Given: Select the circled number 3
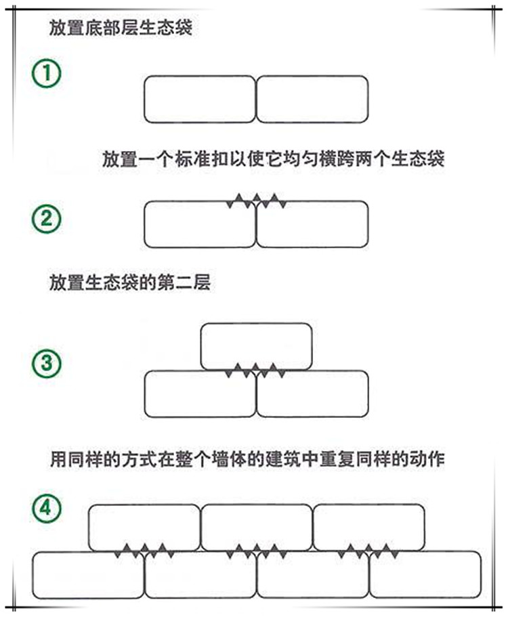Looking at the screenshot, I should pos(46,363).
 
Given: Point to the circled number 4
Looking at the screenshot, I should pos(46,507).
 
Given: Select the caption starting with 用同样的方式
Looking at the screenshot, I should pos(248,460).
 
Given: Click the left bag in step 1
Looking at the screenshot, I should pos(200,100).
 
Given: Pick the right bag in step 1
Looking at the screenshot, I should pos(312,100).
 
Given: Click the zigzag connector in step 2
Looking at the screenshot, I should pos(256,200).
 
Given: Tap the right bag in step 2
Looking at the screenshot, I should pos(312,225).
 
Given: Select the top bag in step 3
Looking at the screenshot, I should pos(257,345).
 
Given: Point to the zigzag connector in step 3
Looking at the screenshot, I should pos(256,370).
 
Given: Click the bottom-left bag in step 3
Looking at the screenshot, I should pos(200,394).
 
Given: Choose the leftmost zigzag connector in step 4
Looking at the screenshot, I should pos(144,550).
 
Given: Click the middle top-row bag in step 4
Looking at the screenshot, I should pos(256,527).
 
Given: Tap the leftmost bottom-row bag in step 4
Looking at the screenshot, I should pos(88,575).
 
